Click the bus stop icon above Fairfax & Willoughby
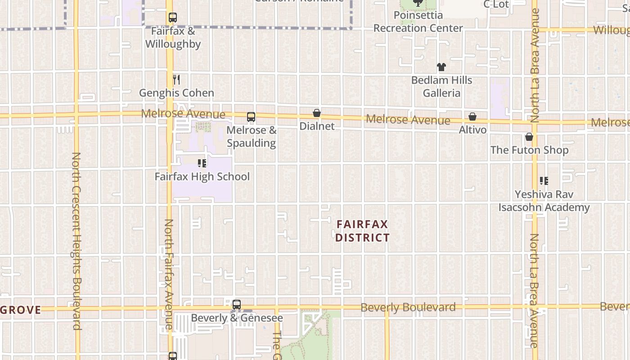point(172,18)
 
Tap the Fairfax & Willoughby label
point(173,38)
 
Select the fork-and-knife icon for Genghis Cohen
point(176,80)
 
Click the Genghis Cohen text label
point(176,93)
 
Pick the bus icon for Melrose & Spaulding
point(251,117)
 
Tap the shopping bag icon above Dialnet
point(317,113)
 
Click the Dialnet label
point(317,126)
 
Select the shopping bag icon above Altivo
point(472,117)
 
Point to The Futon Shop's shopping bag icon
point(529,137)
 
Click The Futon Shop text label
point(529,150)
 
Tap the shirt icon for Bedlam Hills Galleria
point(441,67)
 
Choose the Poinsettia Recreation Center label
point(418,22)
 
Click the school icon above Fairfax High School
point(202,163)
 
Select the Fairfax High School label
point(202,176)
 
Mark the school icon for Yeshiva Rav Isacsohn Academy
point(544,181)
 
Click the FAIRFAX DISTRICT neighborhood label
point(362,231)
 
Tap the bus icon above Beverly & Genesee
point(237,305)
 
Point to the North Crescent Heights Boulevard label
point(76,241)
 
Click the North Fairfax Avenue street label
point(168,274)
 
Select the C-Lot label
point(496,4)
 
